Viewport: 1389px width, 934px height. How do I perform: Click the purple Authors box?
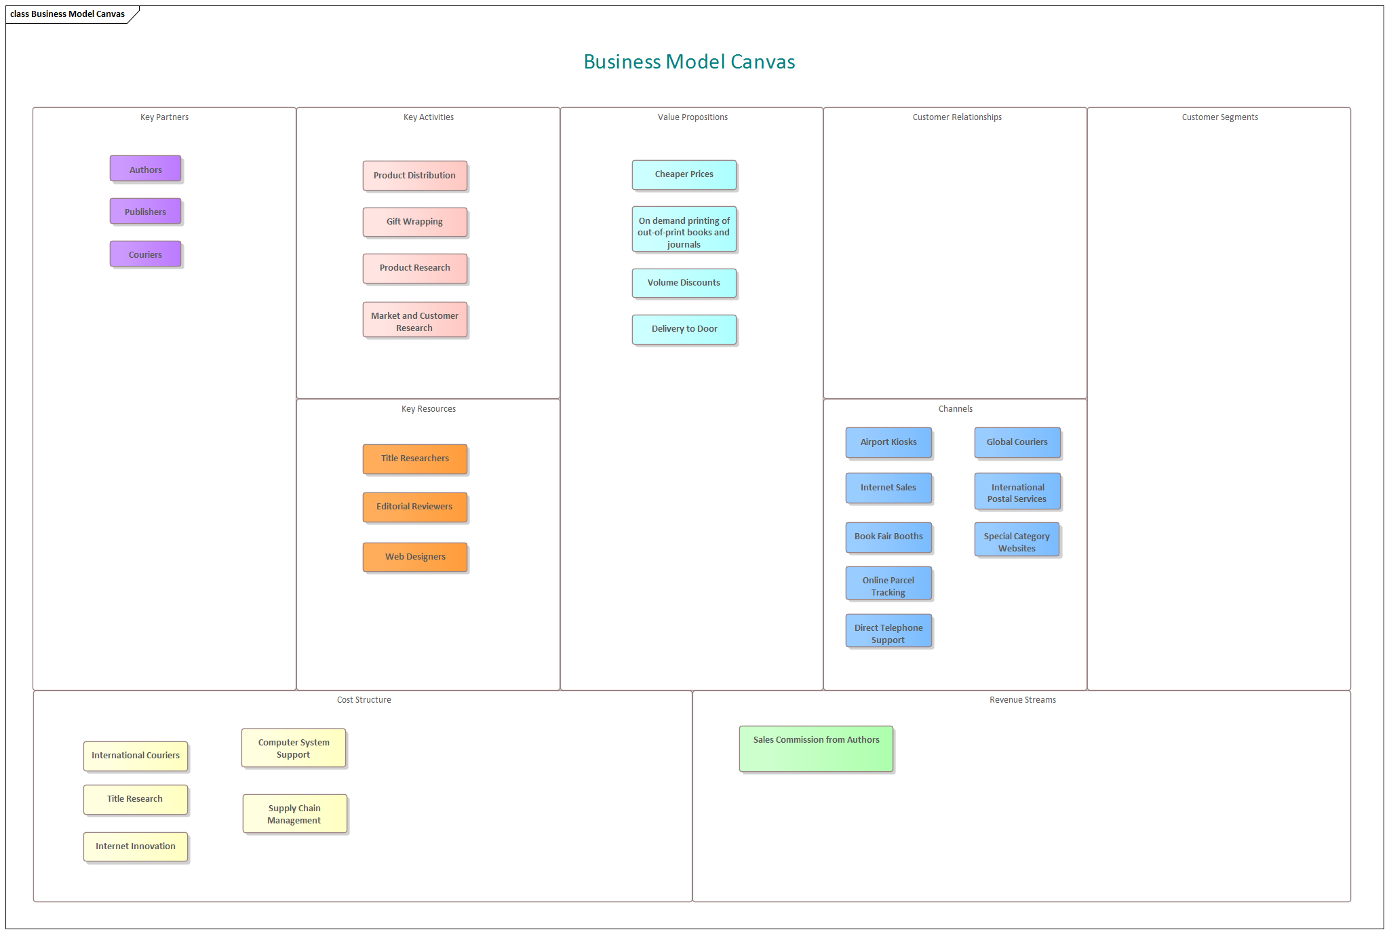tap(145, 169)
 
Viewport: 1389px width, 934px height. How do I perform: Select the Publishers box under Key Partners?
tap(145, 212)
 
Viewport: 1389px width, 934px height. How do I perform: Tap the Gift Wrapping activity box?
tap(414, 222)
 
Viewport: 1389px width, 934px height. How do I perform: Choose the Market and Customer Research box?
tap(414, 321)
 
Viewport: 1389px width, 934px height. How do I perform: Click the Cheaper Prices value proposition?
tap(684, 175)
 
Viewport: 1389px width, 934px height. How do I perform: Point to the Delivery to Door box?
tap(684, 329)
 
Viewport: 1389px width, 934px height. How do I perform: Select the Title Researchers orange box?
tap(414, 459)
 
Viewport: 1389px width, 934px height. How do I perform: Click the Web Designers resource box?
tap(414, 557)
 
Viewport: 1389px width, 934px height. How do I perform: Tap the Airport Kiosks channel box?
tap(888, 442)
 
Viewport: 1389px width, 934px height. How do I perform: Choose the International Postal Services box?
tap(1017, 492)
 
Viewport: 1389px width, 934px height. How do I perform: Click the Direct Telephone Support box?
tap(888, 632)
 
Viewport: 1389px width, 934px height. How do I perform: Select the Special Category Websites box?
tap(1017, 541)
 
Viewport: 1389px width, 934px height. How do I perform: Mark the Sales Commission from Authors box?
tap(816, 748)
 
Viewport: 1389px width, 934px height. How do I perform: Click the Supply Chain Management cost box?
tap(294, 814)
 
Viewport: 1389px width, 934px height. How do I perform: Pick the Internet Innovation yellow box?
tap(136, 847)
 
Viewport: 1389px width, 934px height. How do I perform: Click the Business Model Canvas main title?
tap(689, 62)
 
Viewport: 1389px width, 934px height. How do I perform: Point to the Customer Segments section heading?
tap(1219, 117)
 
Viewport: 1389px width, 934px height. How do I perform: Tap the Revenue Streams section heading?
tap(1022, 700)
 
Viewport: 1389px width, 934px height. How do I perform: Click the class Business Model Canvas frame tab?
tap(68, 14)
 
